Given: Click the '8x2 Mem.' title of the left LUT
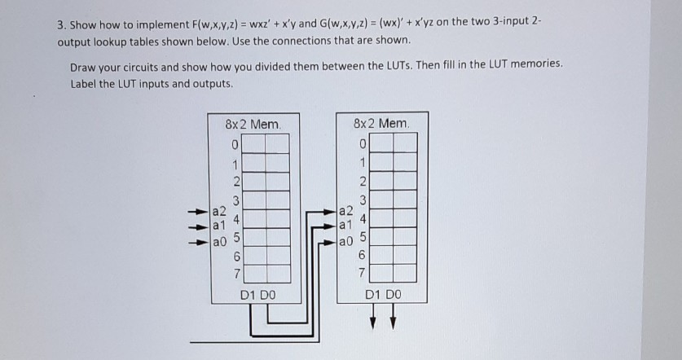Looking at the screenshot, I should pos(253,125).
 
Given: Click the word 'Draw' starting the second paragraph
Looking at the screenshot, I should pos(85,67).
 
